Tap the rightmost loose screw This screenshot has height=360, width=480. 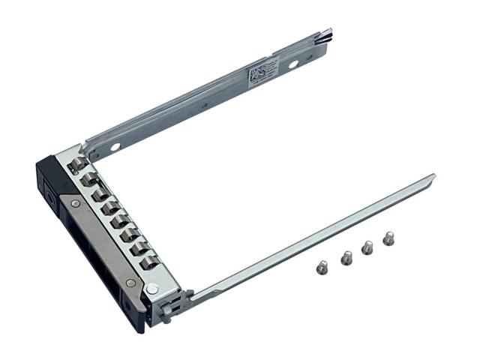pos(388,238)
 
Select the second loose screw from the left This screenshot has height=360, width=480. pos(346,257)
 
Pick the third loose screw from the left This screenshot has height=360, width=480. pos(367,247)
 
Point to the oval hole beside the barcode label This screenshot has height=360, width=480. pos(293,64)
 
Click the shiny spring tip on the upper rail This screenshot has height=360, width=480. pos(327,33)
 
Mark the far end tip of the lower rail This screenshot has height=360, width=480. pos(431,177)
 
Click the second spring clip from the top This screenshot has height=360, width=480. pos(91,180)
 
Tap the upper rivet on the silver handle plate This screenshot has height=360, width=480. pos(76,203)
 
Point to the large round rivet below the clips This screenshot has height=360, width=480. pos(152,288)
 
